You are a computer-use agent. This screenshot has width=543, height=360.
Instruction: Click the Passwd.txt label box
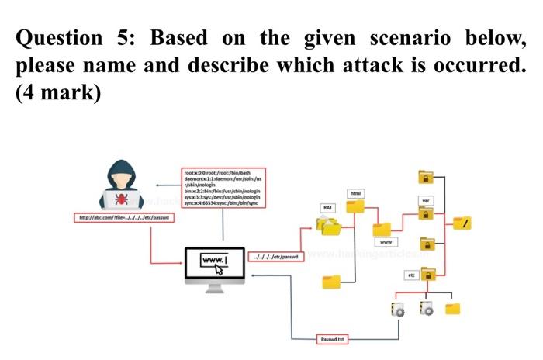click(x=336, y=339)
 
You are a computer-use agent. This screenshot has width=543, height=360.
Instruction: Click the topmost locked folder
click(x=426, y=176)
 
